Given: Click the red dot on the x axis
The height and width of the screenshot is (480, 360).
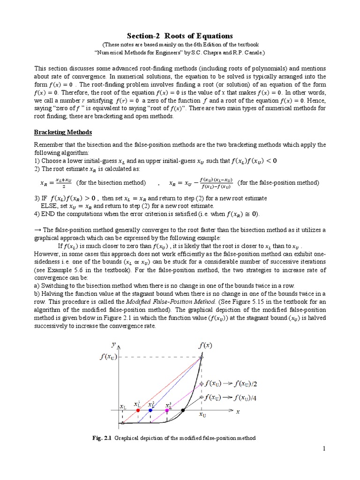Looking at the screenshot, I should click(138, 410).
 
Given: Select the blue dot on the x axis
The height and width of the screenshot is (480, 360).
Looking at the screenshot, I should click(150, 410).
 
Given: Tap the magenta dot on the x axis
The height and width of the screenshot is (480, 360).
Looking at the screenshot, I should click(167, 410).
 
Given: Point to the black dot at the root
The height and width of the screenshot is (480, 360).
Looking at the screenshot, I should click(184, 410).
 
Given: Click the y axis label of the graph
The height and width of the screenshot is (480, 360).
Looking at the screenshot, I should click(113, 344).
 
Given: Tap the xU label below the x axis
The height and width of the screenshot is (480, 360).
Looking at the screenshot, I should click(202, 415).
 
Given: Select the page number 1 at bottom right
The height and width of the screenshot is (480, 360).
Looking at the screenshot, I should click(323, 450).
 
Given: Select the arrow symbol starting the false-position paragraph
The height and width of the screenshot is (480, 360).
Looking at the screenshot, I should click(37, 230).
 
